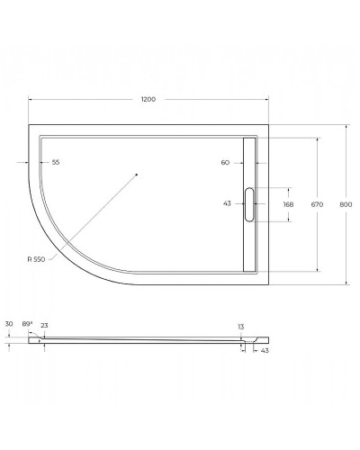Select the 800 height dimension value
click(346, 205)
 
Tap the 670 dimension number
click(317, 205)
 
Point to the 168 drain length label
click(288, 205)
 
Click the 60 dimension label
click(225, 163)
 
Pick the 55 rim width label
click(56, 163)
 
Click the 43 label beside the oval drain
click(227, 203)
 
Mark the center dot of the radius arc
click(135, 174)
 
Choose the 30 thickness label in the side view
click(9, 323)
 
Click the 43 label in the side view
click(265, 350)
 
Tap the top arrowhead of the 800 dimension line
click(346, 126)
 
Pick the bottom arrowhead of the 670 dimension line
click(317, 269)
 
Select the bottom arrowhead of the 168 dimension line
click(288, 220)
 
